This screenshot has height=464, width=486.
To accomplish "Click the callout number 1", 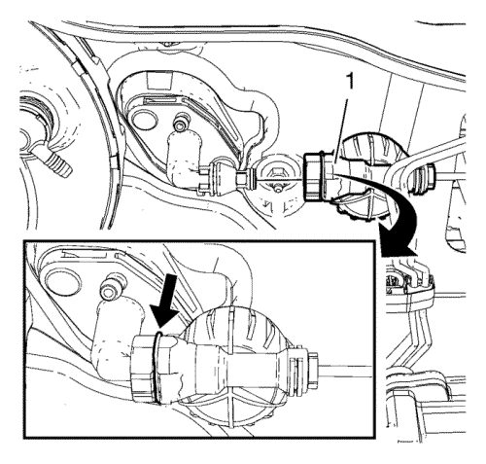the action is tap(349, 82).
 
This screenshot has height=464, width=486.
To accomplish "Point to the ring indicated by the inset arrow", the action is tap(156, 368).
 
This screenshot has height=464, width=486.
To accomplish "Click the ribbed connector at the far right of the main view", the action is tap(424, 180).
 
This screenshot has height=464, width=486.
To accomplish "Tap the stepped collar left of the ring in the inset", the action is tap(142, 369).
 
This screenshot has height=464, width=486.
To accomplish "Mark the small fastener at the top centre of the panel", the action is tap(167, 44).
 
